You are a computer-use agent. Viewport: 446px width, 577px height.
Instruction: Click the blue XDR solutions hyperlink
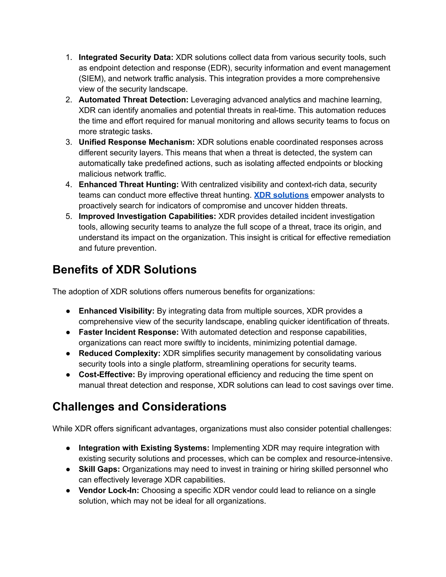pos(281,195)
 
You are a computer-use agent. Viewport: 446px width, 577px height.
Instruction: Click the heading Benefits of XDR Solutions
pos(124,270)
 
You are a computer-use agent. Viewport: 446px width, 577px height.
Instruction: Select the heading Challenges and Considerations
pos(139,407)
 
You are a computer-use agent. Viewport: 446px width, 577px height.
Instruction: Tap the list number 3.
pos(68,142)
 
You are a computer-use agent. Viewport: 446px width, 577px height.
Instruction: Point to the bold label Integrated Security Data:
pos(126,57)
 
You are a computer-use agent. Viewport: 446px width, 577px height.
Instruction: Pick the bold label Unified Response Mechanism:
pos(137,142)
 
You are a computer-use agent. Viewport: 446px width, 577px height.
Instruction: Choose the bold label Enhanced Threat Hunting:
pos(129,185)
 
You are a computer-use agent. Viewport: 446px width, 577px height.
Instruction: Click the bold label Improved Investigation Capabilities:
pos(147,216)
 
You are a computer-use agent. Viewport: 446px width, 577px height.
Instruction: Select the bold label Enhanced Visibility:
pos(117,311)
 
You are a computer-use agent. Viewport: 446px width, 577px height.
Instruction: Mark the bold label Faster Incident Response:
pos(129,332)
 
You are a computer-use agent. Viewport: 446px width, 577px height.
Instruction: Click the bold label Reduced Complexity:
pos(119,353)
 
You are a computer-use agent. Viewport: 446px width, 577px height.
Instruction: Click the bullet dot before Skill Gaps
pos(68,469)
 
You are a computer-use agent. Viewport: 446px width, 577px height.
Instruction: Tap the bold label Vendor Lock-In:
pos(109,491)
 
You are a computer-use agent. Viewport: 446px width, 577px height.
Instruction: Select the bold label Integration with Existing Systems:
pos(144,448)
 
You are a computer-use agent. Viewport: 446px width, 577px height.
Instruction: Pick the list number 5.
pos(68,216)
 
